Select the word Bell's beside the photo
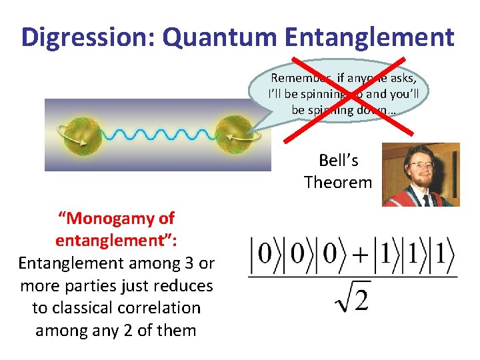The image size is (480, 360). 338,161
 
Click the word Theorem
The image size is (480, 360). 338,182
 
